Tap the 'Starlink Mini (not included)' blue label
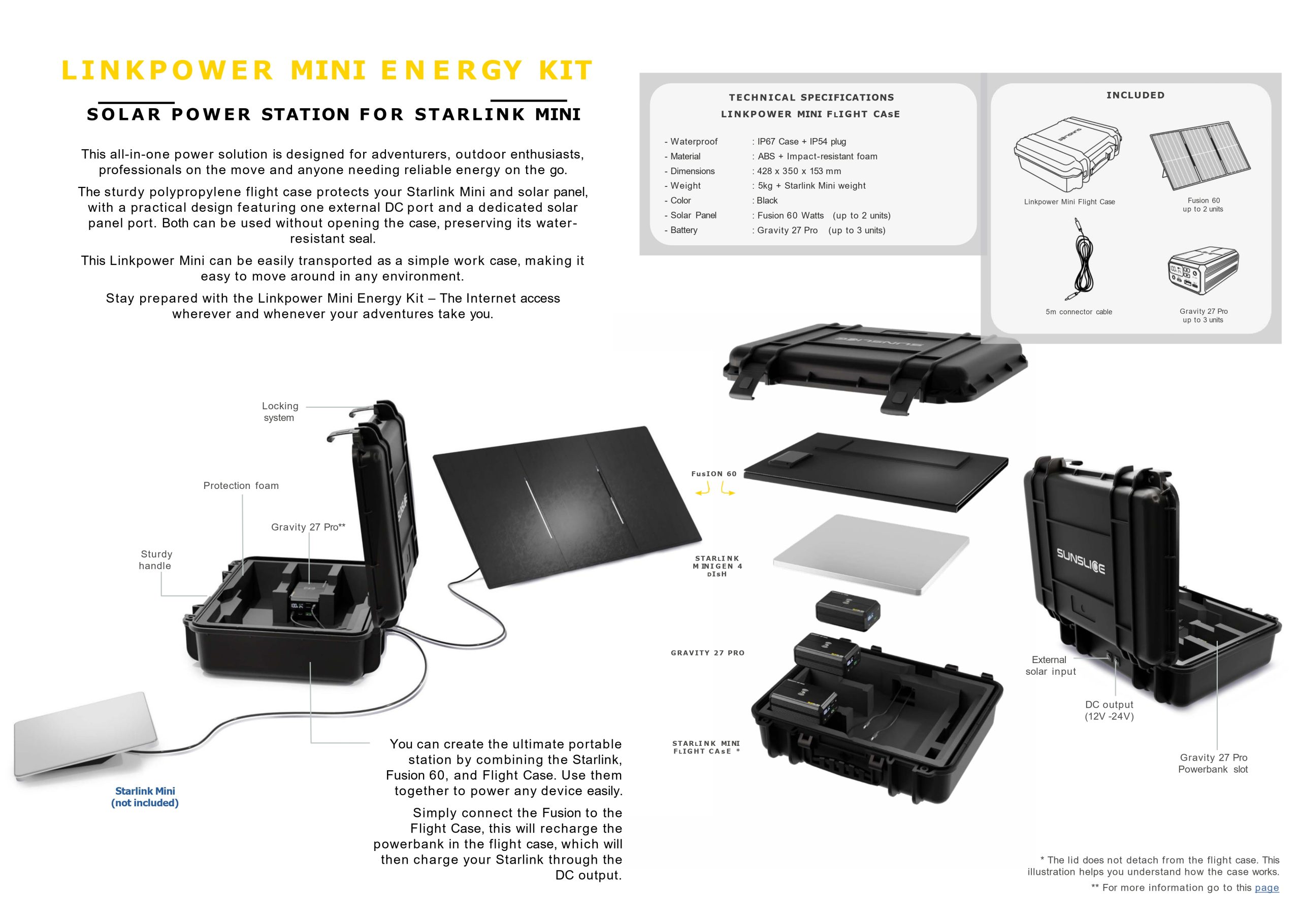(145, 797)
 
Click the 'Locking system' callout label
(280, 412)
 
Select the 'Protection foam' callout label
(241, 485)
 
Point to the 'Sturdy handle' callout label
(156, 560)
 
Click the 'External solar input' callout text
(1050, 665)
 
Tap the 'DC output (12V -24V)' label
(1109, 710)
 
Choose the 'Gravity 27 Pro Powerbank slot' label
(1213, 763)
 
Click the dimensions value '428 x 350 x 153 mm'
(799, 171)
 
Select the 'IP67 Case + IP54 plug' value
(801, 142)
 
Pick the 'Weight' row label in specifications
(686, 186)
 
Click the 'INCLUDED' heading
(1135, 95)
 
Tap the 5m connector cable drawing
(1080, 259)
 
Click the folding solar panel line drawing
(1200, 156)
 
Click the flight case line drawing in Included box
(1066, 154)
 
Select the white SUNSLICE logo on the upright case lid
(1080, 560)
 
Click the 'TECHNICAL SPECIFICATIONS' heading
(811, 97)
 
